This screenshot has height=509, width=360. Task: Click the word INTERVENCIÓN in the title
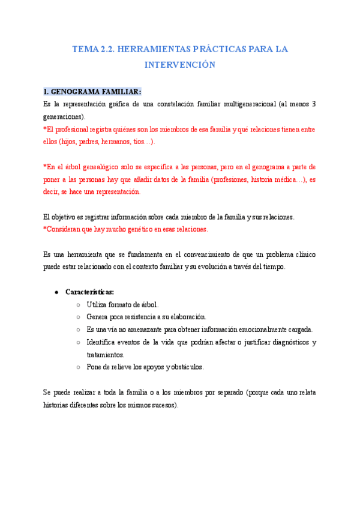click(180, 64)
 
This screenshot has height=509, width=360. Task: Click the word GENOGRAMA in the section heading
click(74, 92)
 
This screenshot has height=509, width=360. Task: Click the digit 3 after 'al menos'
click(314, 104)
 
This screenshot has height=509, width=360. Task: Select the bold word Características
click(90, 292)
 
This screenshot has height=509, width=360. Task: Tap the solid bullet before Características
click(56, 292)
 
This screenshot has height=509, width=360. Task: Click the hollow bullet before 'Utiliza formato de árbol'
click(79, 304)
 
